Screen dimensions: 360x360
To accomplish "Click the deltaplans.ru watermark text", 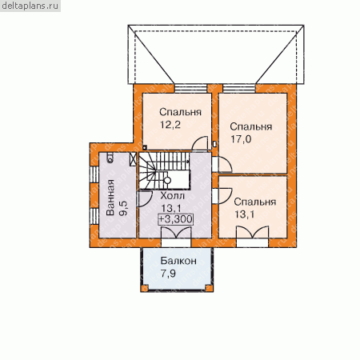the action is [30, 6].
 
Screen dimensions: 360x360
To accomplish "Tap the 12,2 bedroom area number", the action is [170, 125].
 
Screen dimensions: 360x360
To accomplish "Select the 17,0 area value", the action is [241, 139].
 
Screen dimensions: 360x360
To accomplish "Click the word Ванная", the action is [110, 197].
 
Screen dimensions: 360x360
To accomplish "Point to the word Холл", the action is [172, 196].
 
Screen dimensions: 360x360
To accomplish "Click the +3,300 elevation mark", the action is [176, 219].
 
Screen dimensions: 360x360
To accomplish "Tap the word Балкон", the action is [178, 261].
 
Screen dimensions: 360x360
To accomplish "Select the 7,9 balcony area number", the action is [168, 274].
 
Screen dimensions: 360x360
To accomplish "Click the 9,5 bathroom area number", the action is [123, 209].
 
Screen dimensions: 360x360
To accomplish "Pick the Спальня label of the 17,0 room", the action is [251, 126].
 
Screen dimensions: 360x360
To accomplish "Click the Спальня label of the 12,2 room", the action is [180, 112].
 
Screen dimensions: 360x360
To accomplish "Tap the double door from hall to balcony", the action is [176, 234].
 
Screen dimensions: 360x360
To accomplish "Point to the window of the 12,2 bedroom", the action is [190, 89].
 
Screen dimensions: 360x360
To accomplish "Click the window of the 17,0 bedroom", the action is [239, 89].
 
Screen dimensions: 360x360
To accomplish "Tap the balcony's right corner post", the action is [209, 288].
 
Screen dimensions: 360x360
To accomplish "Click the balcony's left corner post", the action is [145, 288].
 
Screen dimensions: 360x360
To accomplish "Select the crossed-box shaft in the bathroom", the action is [133, 159].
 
